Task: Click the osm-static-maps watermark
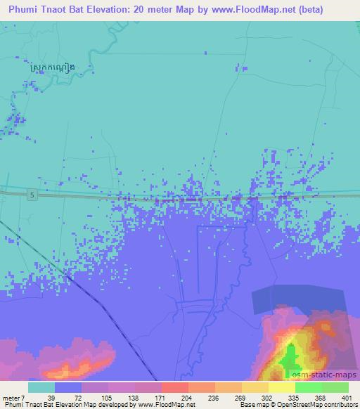click(330, 375)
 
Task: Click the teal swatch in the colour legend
click(41, 387)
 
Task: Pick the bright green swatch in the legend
click(308, 387)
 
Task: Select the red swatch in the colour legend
click(174, 387)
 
